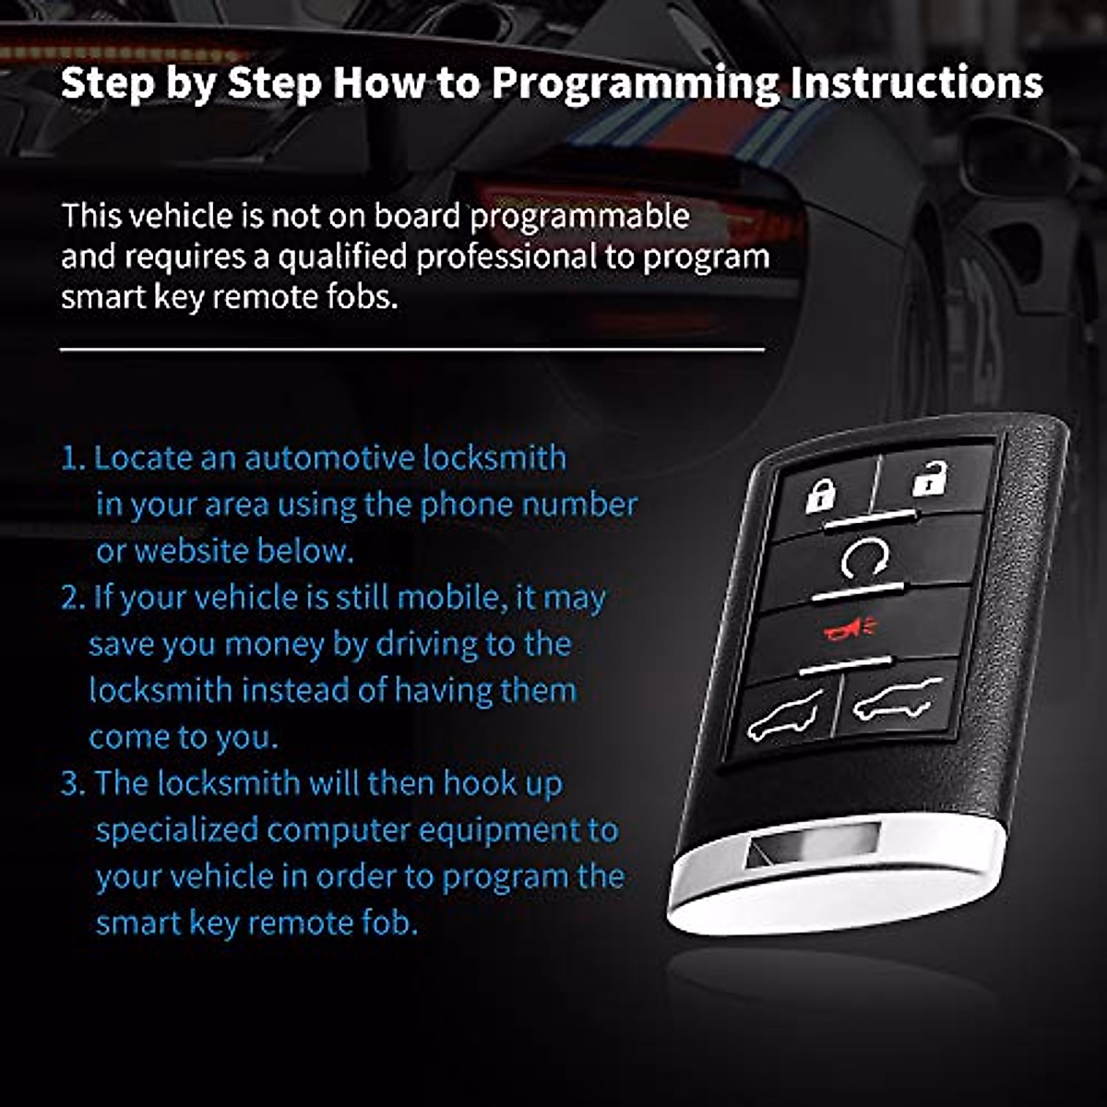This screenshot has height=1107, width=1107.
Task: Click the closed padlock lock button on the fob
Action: coord(819,495)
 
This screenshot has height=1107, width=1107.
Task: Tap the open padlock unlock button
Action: coord(930,480)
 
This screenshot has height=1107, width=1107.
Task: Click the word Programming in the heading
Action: coord(635,83)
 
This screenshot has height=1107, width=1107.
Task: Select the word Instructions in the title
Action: coord(916,83)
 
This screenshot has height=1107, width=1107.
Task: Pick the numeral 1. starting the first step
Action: coord(73,458)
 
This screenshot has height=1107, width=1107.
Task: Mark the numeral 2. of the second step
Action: coord(73,598)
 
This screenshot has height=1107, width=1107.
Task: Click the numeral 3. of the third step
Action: coord(73,783)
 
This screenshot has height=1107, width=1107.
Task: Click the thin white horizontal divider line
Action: coord(412,351)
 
